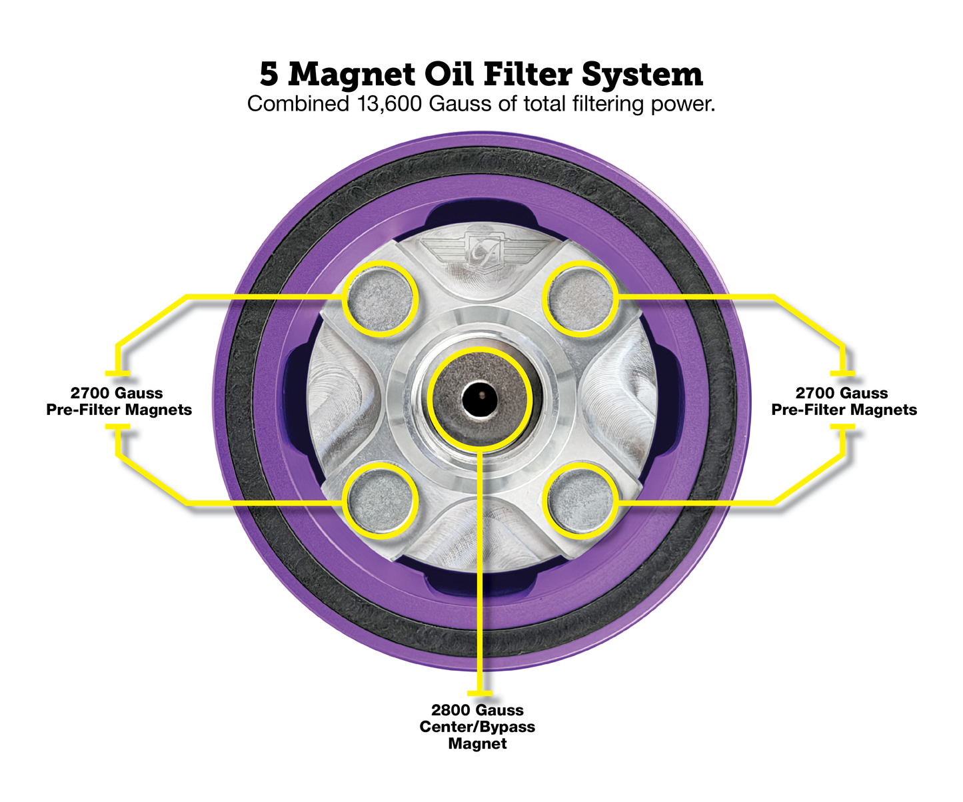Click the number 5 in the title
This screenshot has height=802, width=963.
click(x=269, y=74)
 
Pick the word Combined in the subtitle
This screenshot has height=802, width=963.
click(x=295, y=105)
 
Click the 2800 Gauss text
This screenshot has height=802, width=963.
click(x=477, y=710)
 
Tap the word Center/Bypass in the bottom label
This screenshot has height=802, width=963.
click(x=477, y=727)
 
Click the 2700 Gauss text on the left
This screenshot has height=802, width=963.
click(x=117, y=393)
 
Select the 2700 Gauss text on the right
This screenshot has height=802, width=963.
click(x=842, y=393)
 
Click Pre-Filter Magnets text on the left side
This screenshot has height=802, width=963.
click(x=119, y=410)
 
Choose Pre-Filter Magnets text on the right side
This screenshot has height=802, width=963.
click(x=844, y=410)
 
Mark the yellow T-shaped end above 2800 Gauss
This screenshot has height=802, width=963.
click(x=480, y=693)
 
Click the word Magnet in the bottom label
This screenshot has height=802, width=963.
click(x=477, y=743)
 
